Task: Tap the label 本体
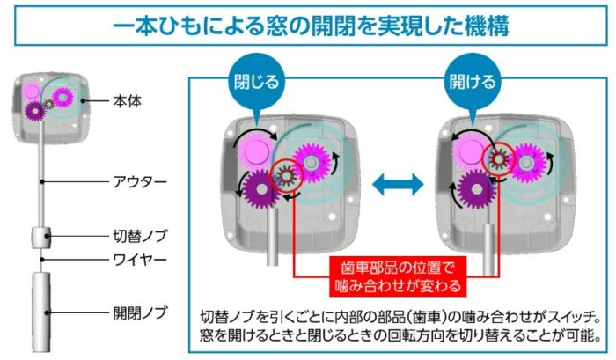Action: [127, 101]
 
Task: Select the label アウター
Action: [140, 180]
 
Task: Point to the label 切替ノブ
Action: [140, 236]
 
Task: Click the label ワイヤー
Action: [140, 261]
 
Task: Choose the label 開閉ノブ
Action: [140, 311]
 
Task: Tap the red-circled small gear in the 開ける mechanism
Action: [498, 158]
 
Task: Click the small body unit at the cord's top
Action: [48, 105]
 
